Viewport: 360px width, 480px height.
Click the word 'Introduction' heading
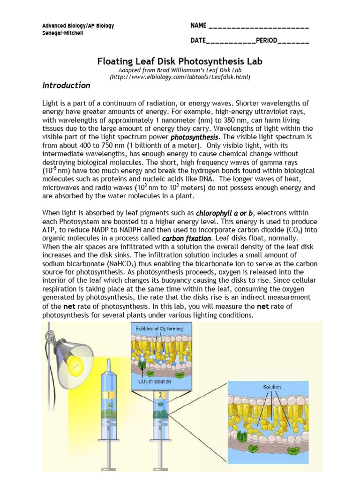coord(66,85)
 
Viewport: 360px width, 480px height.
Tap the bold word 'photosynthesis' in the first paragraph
coord(194,137)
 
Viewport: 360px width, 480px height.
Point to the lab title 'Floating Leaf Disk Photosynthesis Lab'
coord(180,61)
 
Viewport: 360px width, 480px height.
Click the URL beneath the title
coord(180,76)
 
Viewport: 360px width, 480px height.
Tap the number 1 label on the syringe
coord(109,395)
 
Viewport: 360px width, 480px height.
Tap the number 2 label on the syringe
coord(160,395)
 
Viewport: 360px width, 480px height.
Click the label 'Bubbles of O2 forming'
coord(159,329)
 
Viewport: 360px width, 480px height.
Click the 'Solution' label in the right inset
coord(272,387)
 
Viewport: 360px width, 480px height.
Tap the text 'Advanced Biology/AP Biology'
coord(78,26)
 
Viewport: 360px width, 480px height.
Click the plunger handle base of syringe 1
coord(109,471)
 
